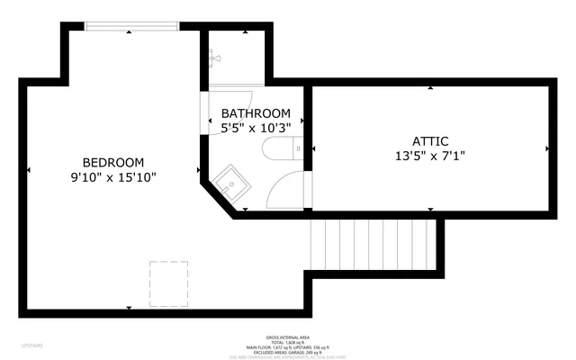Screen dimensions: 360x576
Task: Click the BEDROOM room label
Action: [113, 162]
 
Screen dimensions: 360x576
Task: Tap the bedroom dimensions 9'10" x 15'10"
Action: [113, 177]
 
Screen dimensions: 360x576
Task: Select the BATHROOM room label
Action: [256, 113]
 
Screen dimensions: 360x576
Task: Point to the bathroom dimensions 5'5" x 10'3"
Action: [256, 128]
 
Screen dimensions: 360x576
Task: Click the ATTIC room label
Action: [430, 140]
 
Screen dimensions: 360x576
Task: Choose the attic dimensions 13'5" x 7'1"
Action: [430, 155]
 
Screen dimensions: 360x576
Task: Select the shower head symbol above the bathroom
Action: [211, 57]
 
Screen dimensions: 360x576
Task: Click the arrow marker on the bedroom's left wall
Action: [29, 169]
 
